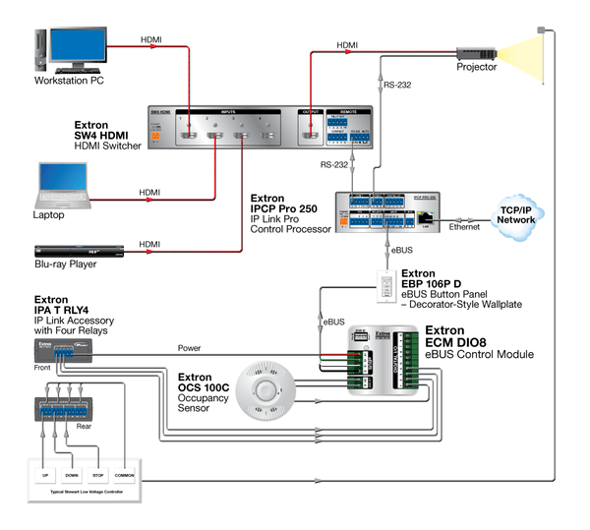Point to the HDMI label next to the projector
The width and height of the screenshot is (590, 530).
(348, 45)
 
